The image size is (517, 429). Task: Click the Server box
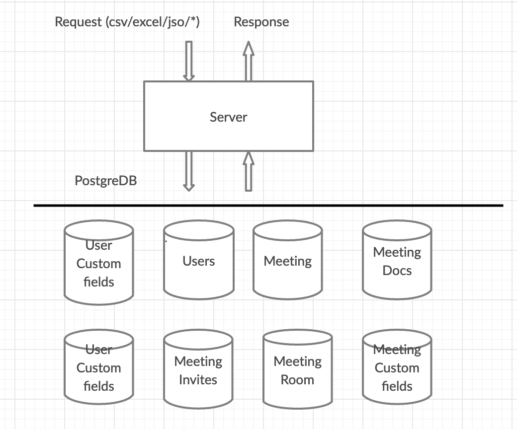pyautogui.click(x=229, y=116)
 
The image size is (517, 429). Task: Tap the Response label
pyautogui.click(x=261, y=22)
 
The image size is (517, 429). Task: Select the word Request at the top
pyautogui.click(x=78, y=22)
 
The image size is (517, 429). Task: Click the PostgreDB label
pyautogui.click(x=106, y=180)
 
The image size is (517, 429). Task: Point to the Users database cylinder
pyautogui.click(x=199, y=260)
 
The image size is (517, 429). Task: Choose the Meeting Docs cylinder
pyautogui.click(x=397, y=260)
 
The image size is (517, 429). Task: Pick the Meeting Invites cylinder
pyautogui.click(x=198, y=369)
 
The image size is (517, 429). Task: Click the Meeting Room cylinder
pyautogui.click(x=297, y=369)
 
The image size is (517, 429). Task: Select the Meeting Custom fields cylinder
pyautogui.click(x=397, y=367)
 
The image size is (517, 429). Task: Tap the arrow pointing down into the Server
pyautogui.click(x=189, y=61)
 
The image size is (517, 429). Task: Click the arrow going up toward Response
pyautogui.click(x=249, y=61)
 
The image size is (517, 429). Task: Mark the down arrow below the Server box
pyautogui.click(x=189, y=171)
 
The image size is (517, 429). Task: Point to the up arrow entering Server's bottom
pyautogui.click(x=249, y=171)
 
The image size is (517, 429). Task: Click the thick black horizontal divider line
pyautogui.click(x=268, y=206)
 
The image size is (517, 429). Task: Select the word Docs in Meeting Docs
pyautogui.click(x=397, y=271)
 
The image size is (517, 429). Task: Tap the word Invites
pyautogui.click(x=198, y=380)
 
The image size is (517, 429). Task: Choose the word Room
pyautogui.click(x=297, y=380)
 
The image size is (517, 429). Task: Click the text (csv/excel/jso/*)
pyautogui.click(x=153, y=22)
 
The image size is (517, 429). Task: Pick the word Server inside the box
pyautogui.click(x=229, y=117)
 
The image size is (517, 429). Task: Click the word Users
pyautogui.click(x=199, y=261)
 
